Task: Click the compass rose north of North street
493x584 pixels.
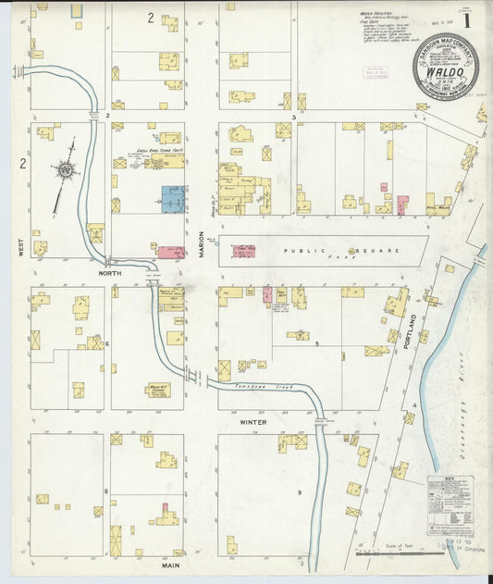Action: pos(66,170)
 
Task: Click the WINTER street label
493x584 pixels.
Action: pos(253,422)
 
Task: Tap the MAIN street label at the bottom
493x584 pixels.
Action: pos(170,564)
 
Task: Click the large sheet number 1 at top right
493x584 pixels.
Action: pos(467,18)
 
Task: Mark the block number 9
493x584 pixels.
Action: pos(299,491)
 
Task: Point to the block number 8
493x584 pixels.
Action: pos(105,490)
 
